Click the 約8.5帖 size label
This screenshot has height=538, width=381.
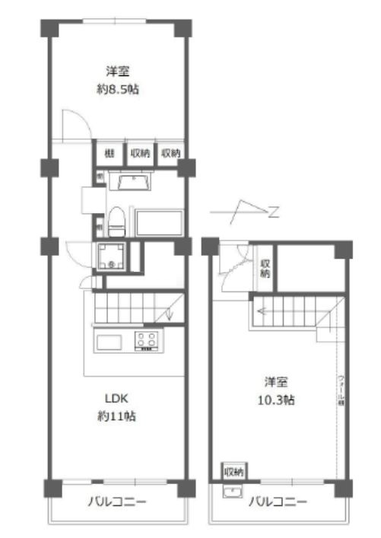[x=117, y=89]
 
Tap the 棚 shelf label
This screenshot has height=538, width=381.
[x=109, y=153]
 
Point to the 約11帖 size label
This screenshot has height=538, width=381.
[x=117, y=416]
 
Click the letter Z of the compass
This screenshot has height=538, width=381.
[x=273, y=212]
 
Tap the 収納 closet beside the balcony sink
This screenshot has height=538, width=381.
[x=233, y=473]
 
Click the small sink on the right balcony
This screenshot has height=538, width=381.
[x=230, y=492]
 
